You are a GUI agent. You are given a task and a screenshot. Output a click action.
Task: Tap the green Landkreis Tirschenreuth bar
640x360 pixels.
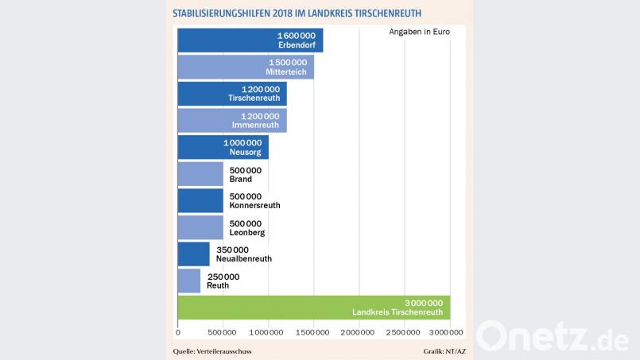314,308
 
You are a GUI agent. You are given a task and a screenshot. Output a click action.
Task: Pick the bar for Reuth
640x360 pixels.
189,281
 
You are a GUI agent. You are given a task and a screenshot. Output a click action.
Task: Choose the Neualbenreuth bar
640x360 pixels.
193,254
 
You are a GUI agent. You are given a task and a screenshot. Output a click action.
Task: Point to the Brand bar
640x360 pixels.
200,174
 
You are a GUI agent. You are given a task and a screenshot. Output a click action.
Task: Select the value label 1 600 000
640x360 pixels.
300,36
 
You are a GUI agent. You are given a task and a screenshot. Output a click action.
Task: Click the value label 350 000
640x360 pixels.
233,250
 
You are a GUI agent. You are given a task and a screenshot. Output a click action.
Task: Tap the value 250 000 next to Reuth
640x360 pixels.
223,277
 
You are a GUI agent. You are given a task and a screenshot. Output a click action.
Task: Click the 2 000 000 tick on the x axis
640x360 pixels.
359,331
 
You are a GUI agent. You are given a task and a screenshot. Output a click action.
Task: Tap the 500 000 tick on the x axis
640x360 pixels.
223,331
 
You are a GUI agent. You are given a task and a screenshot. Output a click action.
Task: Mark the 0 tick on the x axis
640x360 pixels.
177,331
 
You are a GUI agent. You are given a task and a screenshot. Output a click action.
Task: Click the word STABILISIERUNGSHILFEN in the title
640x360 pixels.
227,14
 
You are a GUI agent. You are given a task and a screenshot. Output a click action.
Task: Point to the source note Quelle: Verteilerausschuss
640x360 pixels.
217,350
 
